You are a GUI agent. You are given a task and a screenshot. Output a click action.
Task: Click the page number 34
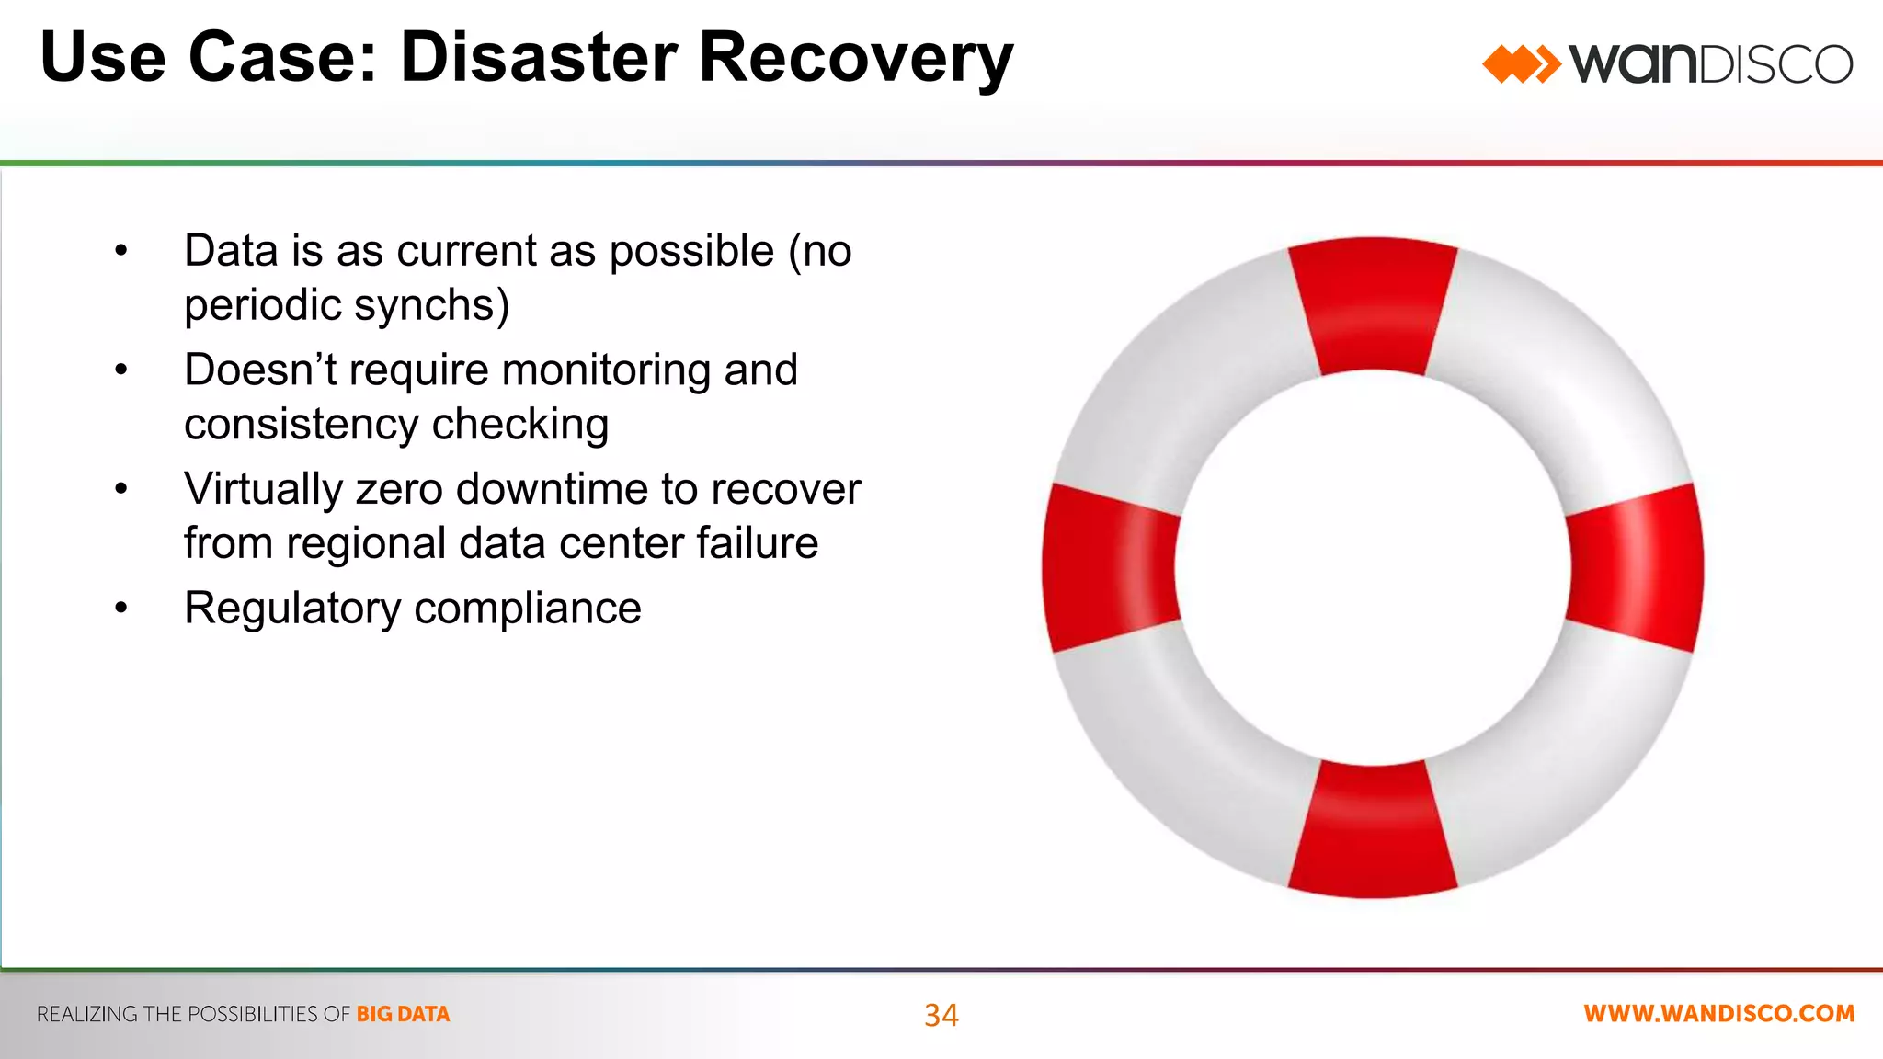(941, 1015)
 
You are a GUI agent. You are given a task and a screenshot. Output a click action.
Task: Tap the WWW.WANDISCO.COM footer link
(1718, 1014)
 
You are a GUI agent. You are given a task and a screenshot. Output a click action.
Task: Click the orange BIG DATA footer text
(403, 1014)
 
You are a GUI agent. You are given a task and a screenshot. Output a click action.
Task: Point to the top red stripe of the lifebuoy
(1373, 303)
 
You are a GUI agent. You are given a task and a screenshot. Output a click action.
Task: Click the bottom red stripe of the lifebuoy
(1373, 832)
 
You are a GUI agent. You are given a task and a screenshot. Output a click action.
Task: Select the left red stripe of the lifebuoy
(1110, 567)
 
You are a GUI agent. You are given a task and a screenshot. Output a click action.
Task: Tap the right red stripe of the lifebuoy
(1636, 567)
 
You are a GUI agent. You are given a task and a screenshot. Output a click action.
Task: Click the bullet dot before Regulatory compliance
(120, 608)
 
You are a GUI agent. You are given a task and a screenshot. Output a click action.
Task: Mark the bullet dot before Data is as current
(120, 250)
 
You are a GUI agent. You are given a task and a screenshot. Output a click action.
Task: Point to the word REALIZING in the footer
(87, 1014)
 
